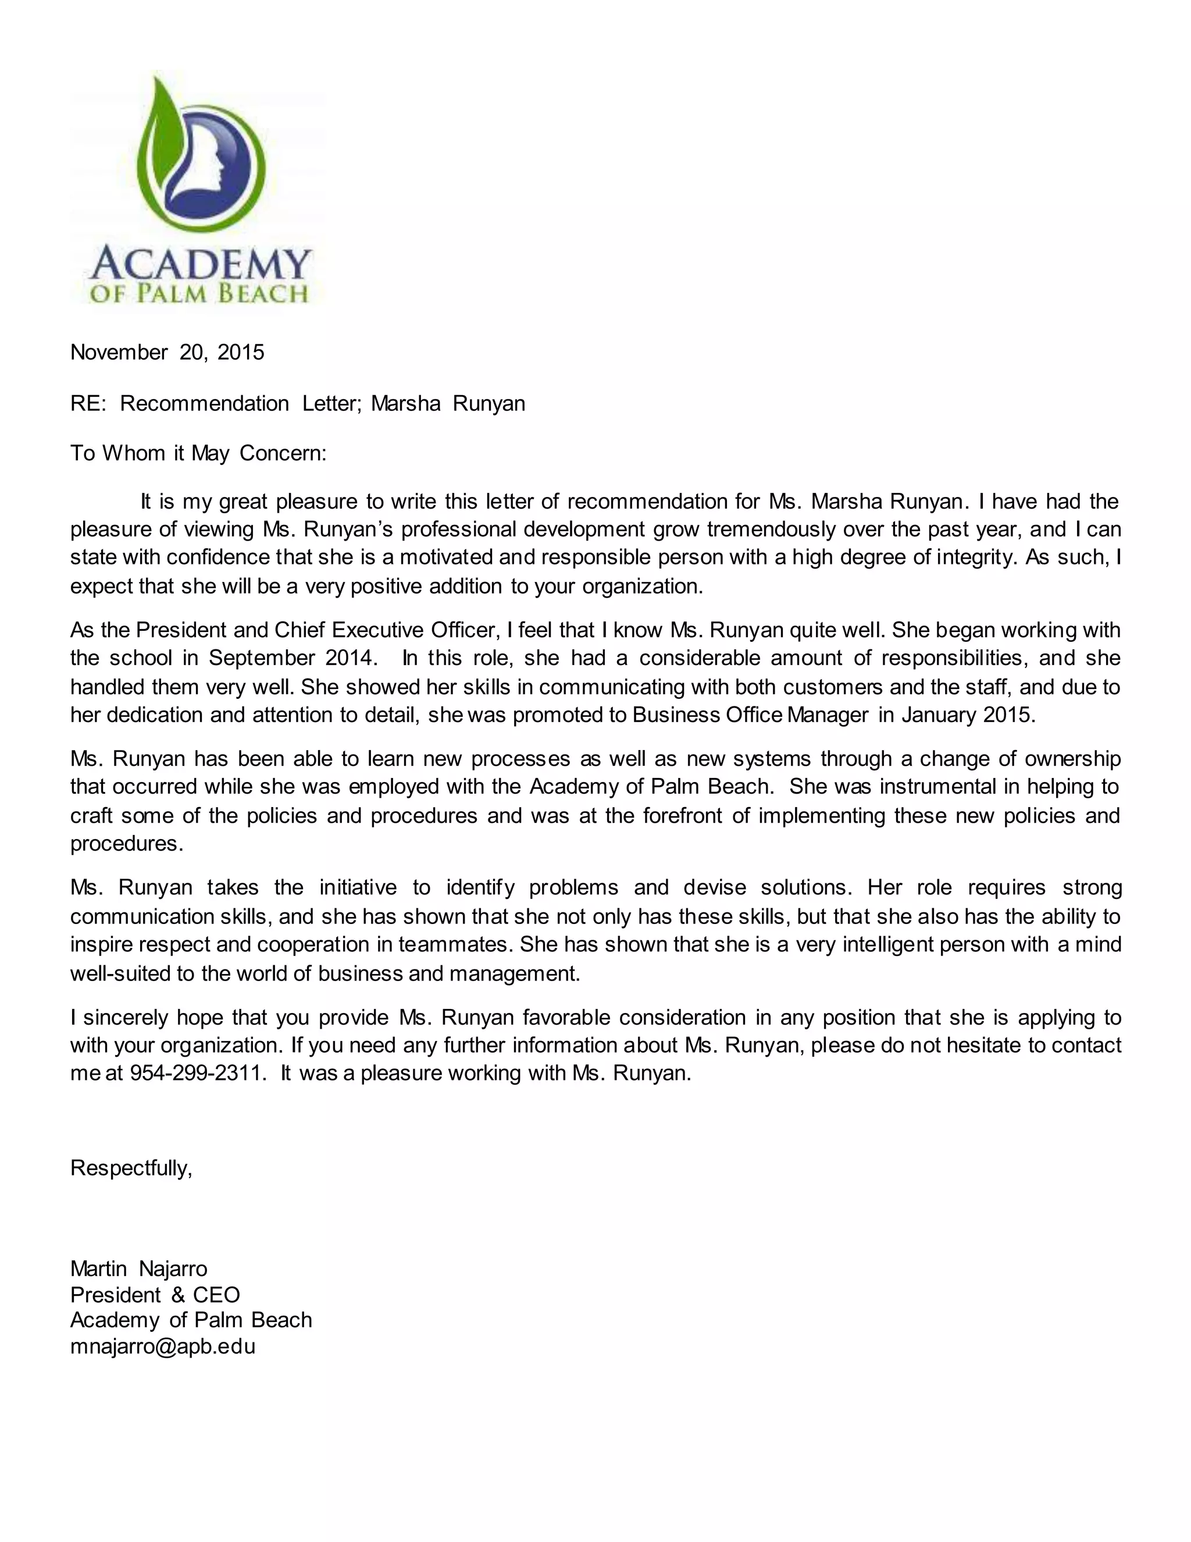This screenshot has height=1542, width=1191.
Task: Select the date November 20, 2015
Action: (167, 352)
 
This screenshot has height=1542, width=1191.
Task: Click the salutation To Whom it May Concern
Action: (198, 453)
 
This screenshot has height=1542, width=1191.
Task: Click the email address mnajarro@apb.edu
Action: (162, 1346)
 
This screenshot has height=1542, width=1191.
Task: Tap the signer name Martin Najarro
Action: (139, 1269)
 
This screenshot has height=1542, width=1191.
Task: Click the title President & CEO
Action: (155, 1295)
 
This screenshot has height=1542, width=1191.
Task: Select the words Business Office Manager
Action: (750, 715)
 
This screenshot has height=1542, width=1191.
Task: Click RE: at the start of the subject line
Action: (87, 403)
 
